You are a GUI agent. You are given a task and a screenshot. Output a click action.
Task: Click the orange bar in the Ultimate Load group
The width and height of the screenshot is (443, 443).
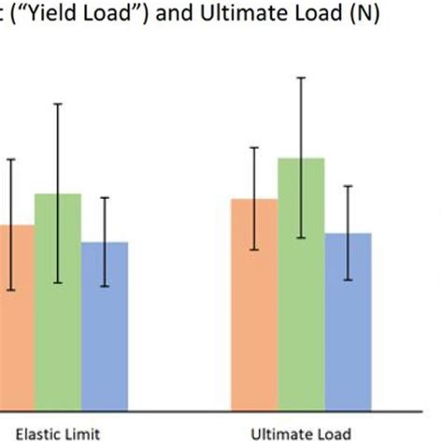tap(254, 299)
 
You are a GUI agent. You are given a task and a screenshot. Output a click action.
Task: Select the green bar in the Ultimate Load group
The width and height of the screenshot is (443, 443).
tap(301, 280)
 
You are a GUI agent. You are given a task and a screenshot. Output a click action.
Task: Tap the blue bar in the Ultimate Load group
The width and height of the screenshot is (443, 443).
tap(348, 318)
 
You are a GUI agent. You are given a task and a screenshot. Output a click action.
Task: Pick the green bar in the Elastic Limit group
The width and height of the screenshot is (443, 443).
tap(58, 299)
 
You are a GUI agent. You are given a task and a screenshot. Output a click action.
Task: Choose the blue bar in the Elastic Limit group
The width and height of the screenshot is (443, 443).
tap(105, 322)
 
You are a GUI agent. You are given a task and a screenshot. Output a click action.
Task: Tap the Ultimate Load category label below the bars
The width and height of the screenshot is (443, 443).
tap(302, 433)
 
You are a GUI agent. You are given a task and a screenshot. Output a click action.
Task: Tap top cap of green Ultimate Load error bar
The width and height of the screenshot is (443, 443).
tap(301, 78)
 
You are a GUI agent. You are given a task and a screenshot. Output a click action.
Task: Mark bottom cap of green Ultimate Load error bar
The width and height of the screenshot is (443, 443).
tap(301, 237)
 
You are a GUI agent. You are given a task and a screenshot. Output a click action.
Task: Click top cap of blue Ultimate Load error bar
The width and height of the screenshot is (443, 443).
tap(348, 186)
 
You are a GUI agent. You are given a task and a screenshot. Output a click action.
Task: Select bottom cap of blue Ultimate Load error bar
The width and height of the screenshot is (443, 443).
tap(348, 279)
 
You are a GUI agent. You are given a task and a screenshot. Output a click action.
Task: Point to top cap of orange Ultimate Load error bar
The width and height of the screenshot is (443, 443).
tap(254, 148)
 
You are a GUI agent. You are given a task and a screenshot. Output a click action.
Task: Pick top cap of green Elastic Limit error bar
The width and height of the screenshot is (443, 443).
tap(58, 103)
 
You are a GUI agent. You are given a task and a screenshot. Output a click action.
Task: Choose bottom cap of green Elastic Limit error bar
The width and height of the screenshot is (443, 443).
tap(58, 282)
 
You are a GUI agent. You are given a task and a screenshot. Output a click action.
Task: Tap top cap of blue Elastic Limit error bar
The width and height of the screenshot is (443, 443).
tap(105, 197)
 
